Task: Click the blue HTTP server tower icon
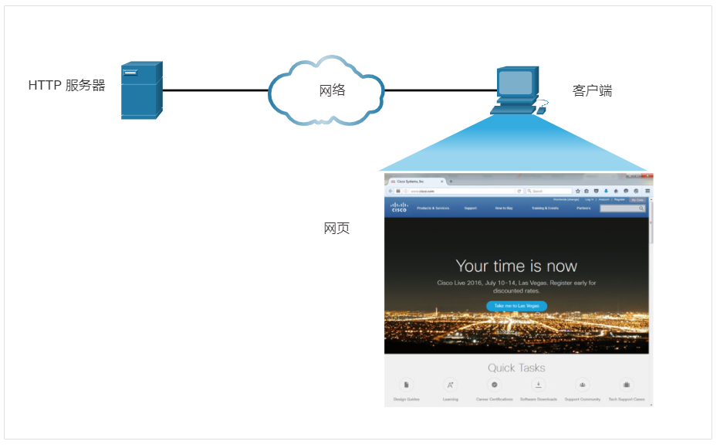[142, 90]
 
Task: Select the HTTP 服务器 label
[66, 86]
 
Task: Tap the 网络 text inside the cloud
[332, 90]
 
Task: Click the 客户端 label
[592, 90]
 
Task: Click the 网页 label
[336, 229]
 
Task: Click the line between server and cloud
[215, 90]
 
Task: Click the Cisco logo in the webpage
[399, 207]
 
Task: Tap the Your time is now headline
[516, 266]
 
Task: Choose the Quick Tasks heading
[516, 368]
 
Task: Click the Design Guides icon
[406, 385]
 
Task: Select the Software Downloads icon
[539, 385]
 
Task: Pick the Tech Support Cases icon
[627, 385]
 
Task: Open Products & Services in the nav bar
[433, 208]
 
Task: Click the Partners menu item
[583, 208]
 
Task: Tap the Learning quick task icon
[451, 385]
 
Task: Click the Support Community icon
[583, 385]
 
